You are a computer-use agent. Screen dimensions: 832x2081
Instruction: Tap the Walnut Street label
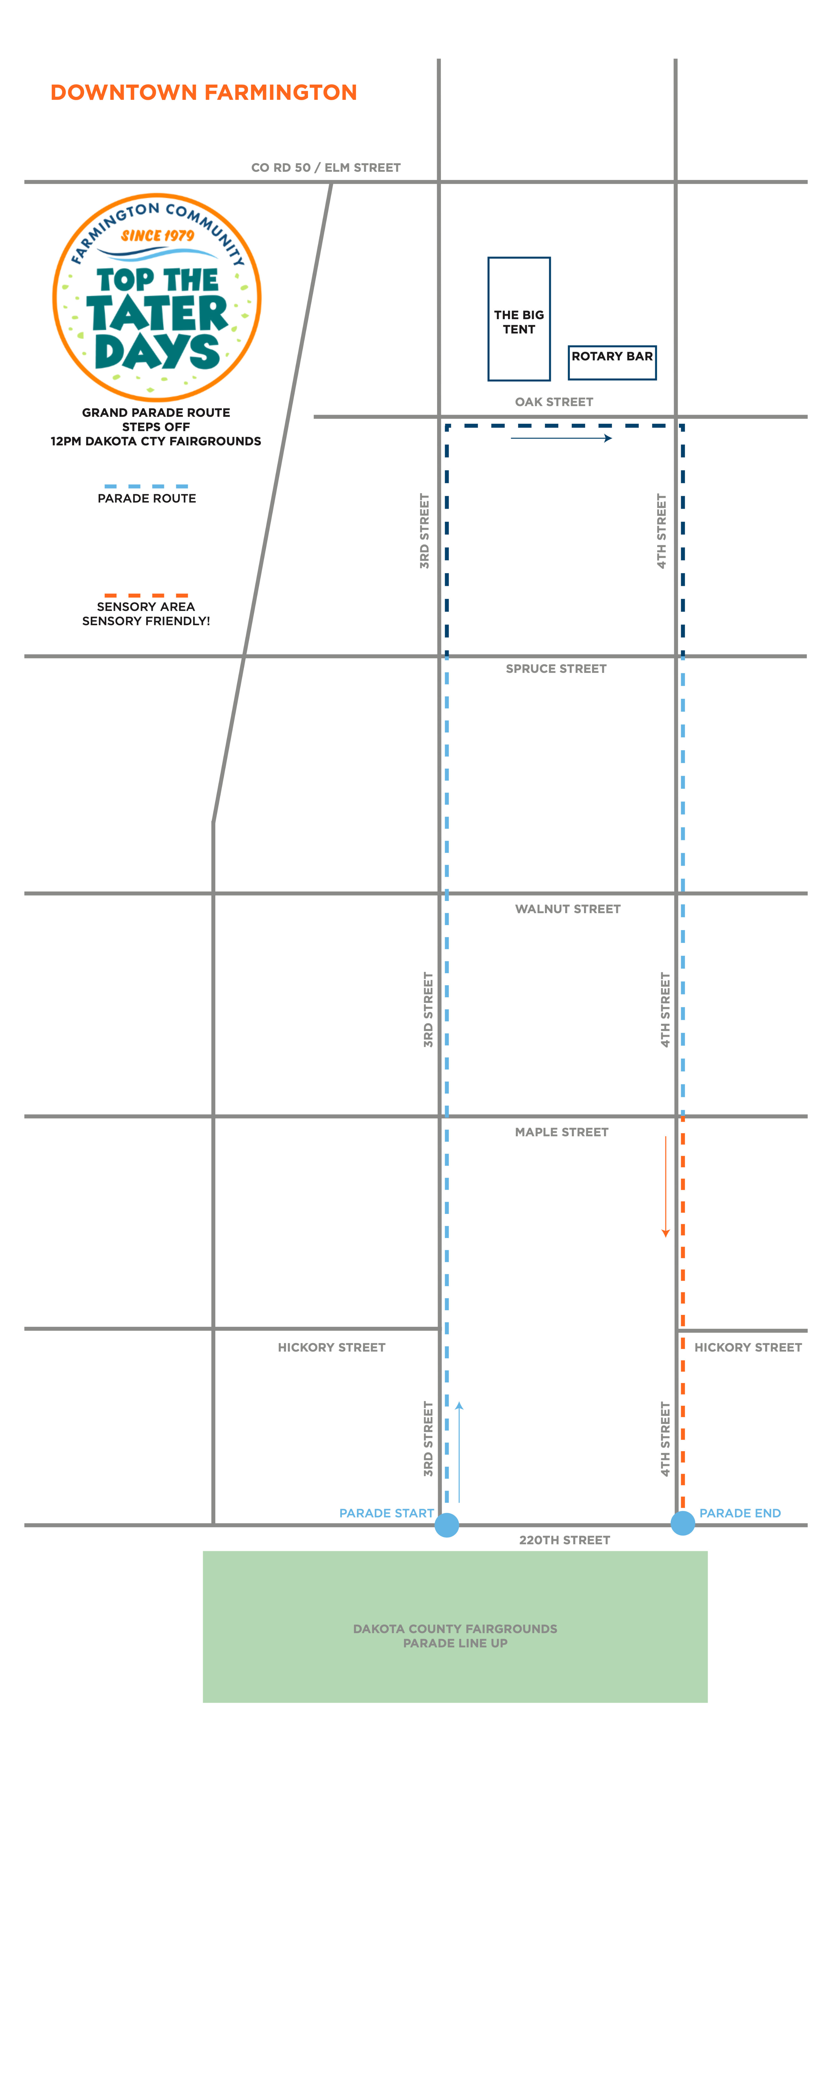(x=568, y=909)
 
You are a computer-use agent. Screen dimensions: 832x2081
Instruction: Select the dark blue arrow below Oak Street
(x=561, y=438)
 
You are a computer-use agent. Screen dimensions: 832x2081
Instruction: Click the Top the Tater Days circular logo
(x=157, y=297)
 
